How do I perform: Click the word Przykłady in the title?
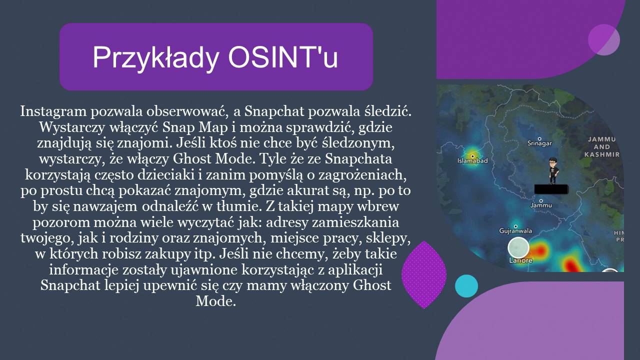tap(155, 57)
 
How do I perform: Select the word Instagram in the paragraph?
tap(53, 111)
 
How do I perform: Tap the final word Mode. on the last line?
tap(215, 301)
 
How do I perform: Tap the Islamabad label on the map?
tap(472, 160)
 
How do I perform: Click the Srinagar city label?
tap(539, 143)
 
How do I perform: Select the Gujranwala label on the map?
tap(515, 230)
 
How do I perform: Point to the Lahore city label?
tap(520, 260)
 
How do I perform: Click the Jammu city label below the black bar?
tap(541, 205)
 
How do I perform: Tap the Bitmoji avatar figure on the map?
tap(553, 170)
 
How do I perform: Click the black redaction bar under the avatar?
tap(551, 189)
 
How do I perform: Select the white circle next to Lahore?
tap(518, 247)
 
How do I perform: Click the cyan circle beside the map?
tap(466, 286)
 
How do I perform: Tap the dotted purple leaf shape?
tap(424, 274)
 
